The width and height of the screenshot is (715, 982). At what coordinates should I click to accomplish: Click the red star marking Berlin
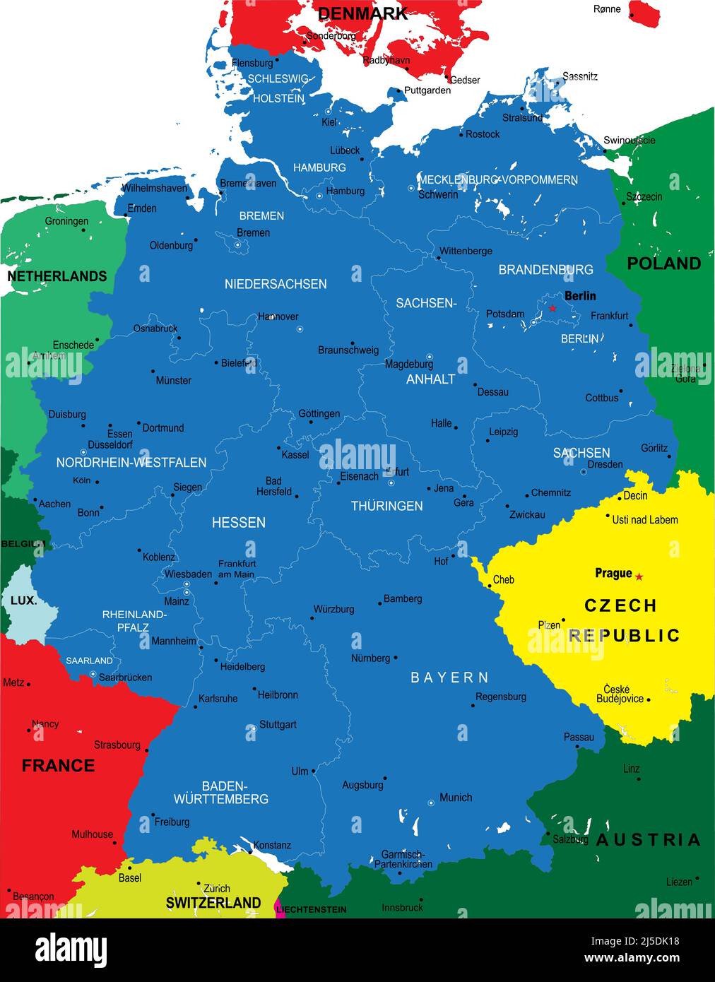pyautogui.click(x=552, y=308)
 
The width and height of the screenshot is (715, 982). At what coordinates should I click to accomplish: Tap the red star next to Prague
pyautogui.click(x=639, y=576)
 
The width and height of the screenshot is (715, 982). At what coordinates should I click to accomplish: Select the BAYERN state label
pyautogui.click(x=449, y=678)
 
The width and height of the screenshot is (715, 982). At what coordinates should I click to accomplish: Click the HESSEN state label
pyautogui.click(x=239, y=522)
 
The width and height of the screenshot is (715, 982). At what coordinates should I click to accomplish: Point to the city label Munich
pyautogui.click(x=455, y=797)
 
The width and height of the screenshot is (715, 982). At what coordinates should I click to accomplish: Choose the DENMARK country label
pyautogui.click(x=362, y=13)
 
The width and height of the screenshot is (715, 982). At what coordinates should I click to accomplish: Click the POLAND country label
pyautogui.click(x=663, y=264)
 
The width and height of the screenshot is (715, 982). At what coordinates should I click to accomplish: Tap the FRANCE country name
pyautogui.click(x=58, y=765)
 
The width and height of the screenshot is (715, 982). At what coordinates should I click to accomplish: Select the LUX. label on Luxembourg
pyautogui.click(x=23, y=601)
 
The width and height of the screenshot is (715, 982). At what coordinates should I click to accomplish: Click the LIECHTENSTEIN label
pyautogui.click(x=312, y=909)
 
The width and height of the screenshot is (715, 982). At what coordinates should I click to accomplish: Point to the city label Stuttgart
pyautogui.click(x=278, y=724)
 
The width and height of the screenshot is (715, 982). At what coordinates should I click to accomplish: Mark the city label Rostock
pyautogui.click(x=483, y=134)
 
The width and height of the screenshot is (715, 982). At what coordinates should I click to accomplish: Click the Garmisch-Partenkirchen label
pyautogui.click(x=403, y=859)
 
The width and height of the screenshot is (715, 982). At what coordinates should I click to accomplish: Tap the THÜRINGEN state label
pyautogui.click(x=386, y=506)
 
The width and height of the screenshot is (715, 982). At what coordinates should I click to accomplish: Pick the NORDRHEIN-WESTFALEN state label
pyautogui.click(x=131, y=462)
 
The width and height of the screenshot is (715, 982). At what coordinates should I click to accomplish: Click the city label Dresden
pyautogui.click(x=605, y=464)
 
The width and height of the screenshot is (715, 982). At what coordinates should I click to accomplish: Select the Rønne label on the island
pyautogui.click(x=607, y=9)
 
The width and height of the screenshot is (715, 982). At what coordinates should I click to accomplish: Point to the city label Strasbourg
pyautogui.click(x=117, y=745)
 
